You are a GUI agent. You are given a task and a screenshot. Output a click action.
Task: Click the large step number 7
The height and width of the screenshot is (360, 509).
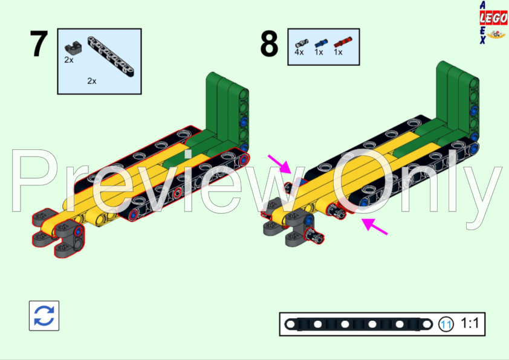[39, 45]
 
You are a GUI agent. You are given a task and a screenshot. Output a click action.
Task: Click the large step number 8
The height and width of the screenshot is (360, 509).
[269, 45]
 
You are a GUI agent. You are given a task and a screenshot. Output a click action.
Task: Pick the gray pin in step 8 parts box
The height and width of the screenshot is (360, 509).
[301, 43]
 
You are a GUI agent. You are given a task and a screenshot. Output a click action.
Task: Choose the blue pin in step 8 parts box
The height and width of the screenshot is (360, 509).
[320, 42]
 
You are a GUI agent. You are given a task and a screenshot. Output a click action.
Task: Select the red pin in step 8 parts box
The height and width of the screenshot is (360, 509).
[342, 42]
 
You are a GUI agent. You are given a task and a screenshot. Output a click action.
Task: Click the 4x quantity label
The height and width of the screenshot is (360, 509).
[299, 53]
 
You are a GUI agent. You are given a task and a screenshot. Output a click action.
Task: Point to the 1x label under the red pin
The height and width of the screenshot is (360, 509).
[338, 53]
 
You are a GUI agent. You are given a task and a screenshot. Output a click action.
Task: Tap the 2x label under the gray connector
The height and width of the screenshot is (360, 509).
[69, 60]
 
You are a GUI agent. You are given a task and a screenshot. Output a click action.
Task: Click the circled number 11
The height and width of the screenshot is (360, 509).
[446, 324]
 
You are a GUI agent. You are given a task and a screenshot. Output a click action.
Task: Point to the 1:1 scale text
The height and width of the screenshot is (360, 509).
[470, 324]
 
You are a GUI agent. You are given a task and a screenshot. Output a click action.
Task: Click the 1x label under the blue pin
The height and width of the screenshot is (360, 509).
[319, 53]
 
